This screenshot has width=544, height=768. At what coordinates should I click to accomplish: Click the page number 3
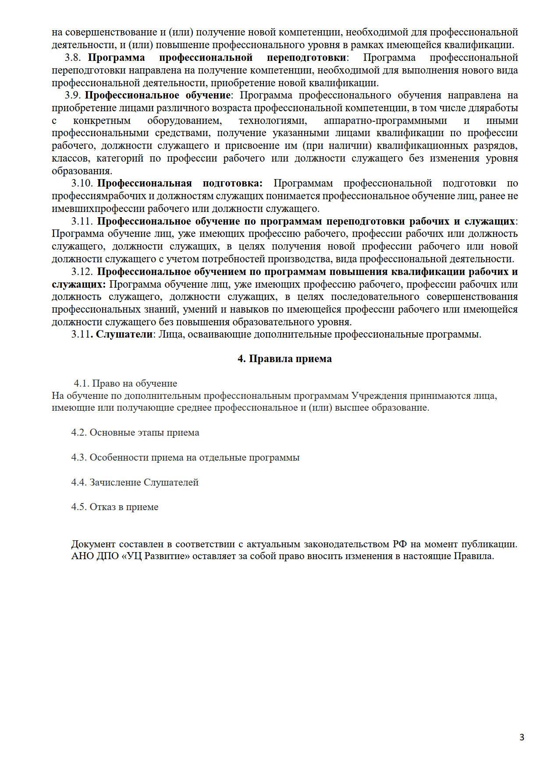point(522,737)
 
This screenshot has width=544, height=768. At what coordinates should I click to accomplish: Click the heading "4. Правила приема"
point(284,359)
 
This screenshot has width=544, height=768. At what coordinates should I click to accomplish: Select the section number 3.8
point(72,58)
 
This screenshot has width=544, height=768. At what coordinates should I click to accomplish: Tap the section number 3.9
point(72,95)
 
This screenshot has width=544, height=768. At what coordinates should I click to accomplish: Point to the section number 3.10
point(82,183)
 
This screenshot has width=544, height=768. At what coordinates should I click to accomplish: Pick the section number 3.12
point(82,271)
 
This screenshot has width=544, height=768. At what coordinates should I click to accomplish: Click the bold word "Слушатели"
point(124,335)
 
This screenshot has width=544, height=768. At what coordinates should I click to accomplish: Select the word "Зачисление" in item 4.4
point(115,483)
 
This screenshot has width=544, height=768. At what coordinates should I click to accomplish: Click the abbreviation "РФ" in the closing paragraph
point(398,545)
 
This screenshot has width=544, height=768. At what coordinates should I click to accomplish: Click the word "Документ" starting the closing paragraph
point(92,545)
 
